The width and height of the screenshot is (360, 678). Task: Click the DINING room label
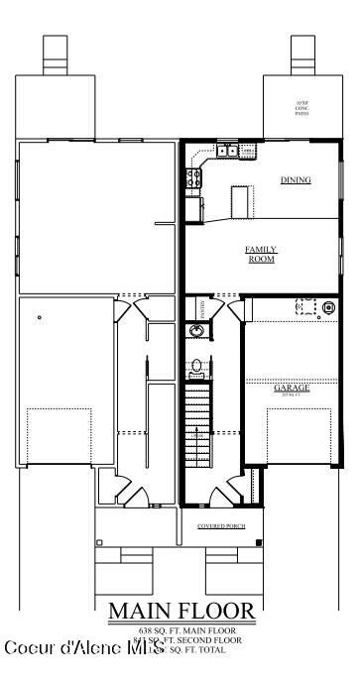coord(296,180)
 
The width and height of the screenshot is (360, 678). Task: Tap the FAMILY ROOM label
coord(261,254)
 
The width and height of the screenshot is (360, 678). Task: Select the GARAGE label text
coord(292,388)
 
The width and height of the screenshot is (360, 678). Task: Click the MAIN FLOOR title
coord(180,611)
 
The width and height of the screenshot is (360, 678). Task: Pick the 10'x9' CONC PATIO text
coord(302,108)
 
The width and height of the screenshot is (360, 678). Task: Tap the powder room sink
coord(196,331)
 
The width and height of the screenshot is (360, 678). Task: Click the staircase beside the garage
coord(197,426)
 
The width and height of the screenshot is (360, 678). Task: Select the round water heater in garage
coord(328,308)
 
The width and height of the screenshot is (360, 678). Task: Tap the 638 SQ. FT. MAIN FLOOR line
coord(180,630)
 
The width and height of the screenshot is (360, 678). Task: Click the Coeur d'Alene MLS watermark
coord(84,648)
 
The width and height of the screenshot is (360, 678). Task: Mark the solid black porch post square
coord(259,541)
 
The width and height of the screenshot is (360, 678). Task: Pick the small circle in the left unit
coord(39,317)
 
